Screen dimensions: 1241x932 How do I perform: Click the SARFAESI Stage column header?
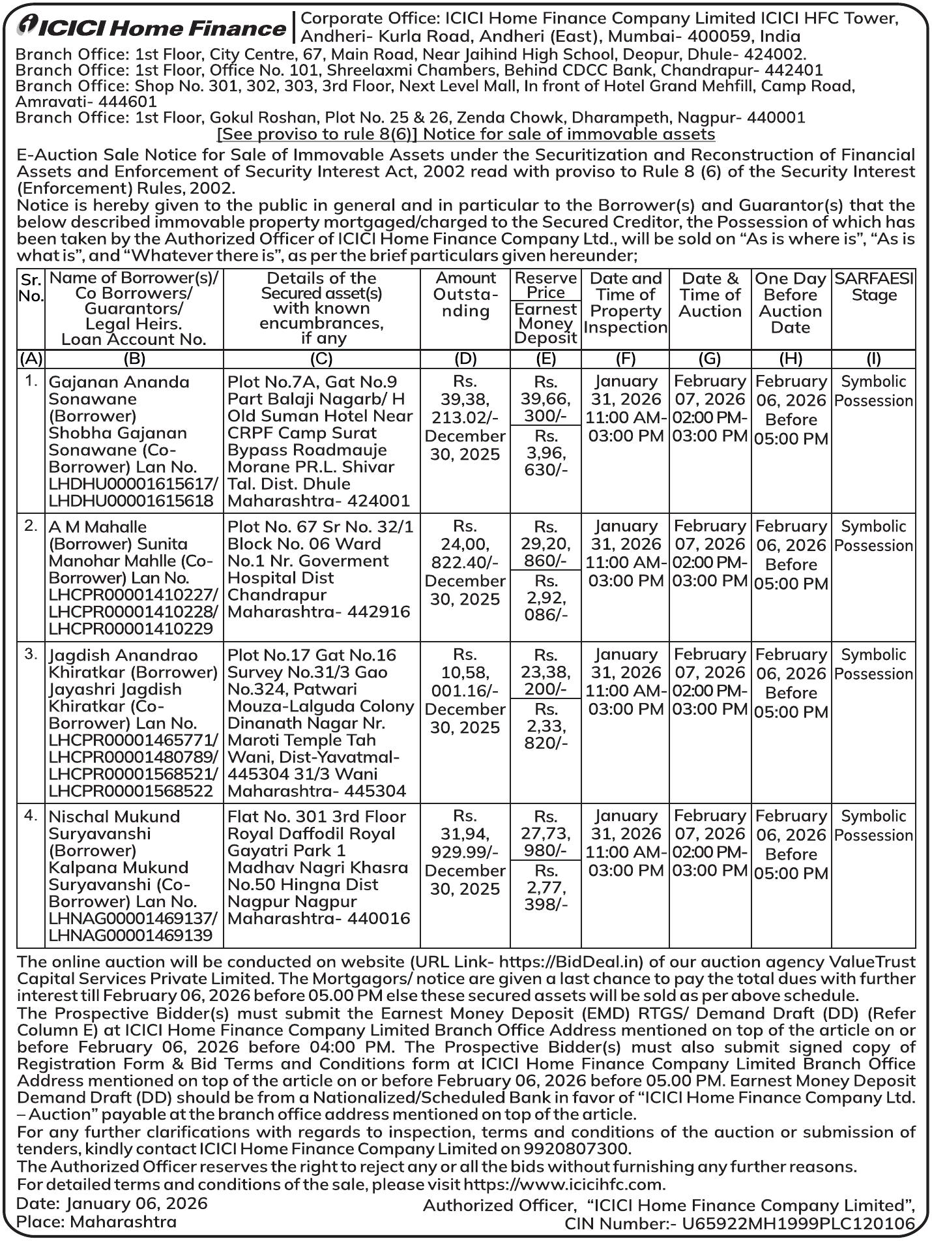click(873, 287)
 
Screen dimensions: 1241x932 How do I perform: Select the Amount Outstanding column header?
click(465, 295)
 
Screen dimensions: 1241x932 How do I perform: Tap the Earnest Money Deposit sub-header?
click(546, 323)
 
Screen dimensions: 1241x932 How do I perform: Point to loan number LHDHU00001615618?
click(131, 501)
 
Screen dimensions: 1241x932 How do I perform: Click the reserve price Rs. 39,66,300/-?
click(546, 398)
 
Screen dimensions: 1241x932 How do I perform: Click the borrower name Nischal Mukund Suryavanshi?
click(114, 825)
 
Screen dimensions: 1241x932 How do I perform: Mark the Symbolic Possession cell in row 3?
click(873, 664)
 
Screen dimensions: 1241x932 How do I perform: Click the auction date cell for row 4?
click(710, 843)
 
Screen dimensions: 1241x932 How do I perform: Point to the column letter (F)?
click(624, 359)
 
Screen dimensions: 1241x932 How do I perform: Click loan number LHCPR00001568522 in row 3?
click(131, 791)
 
